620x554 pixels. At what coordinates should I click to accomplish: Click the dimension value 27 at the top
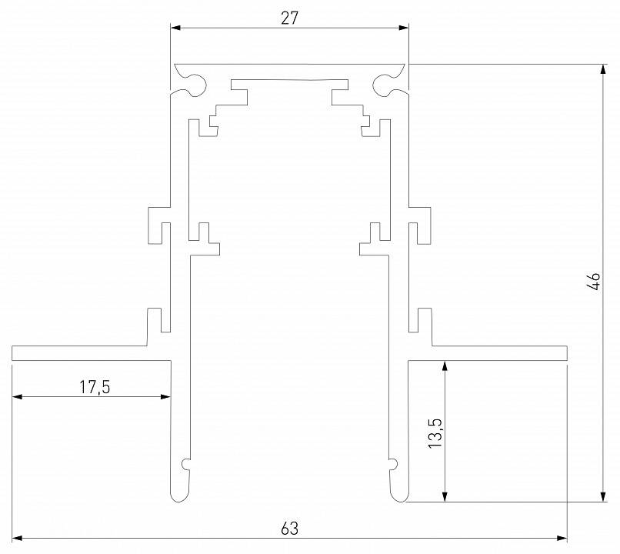coord(289,18)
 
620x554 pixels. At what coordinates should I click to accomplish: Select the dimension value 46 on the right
coord(593,281)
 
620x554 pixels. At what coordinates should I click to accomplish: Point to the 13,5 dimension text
coord(435,434)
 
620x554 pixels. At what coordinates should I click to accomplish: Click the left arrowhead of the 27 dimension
coord(175,28)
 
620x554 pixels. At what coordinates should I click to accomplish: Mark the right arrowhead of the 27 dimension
coord(404,28)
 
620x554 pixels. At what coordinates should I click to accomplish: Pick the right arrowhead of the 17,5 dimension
coord(165,397)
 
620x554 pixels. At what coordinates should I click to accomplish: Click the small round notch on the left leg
coord(185,464)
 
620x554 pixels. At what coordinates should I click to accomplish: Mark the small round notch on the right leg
coord(392,464)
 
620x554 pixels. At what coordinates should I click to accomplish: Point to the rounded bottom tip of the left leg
coord(178,497)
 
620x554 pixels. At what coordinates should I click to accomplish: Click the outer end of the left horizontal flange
coord(14,353)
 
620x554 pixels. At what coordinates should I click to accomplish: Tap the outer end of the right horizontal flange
coord(565,353)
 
